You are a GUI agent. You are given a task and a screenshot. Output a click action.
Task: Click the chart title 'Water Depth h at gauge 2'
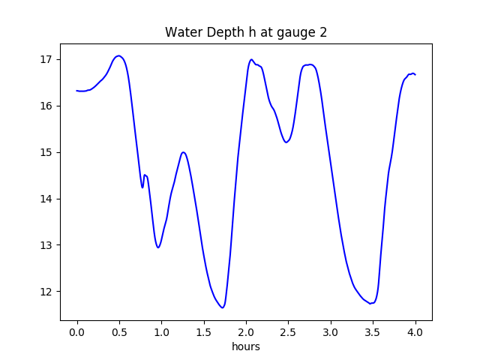click(x=246, y=33)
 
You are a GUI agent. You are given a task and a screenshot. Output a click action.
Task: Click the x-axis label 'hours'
click(x=246, y=347)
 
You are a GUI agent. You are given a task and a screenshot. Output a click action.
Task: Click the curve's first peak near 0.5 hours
click(x=118, y=55)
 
